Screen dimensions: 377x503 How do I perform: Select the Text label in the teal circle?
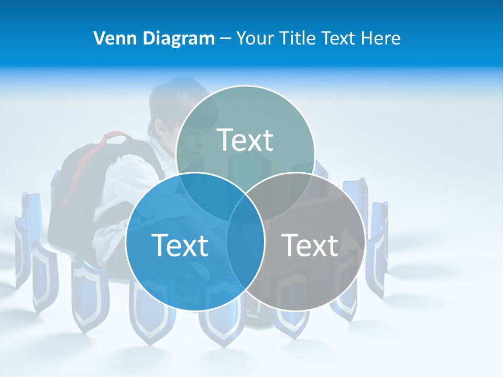click(x=245, y=140)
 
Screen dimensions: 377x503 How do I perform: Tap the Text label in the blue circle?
click(x=180, y=245)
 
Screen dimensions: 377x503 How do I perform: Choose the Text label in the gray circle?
click(x=310, y=245)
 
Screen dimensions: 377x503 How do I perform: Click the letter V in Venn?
click(x=99, y=38)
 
